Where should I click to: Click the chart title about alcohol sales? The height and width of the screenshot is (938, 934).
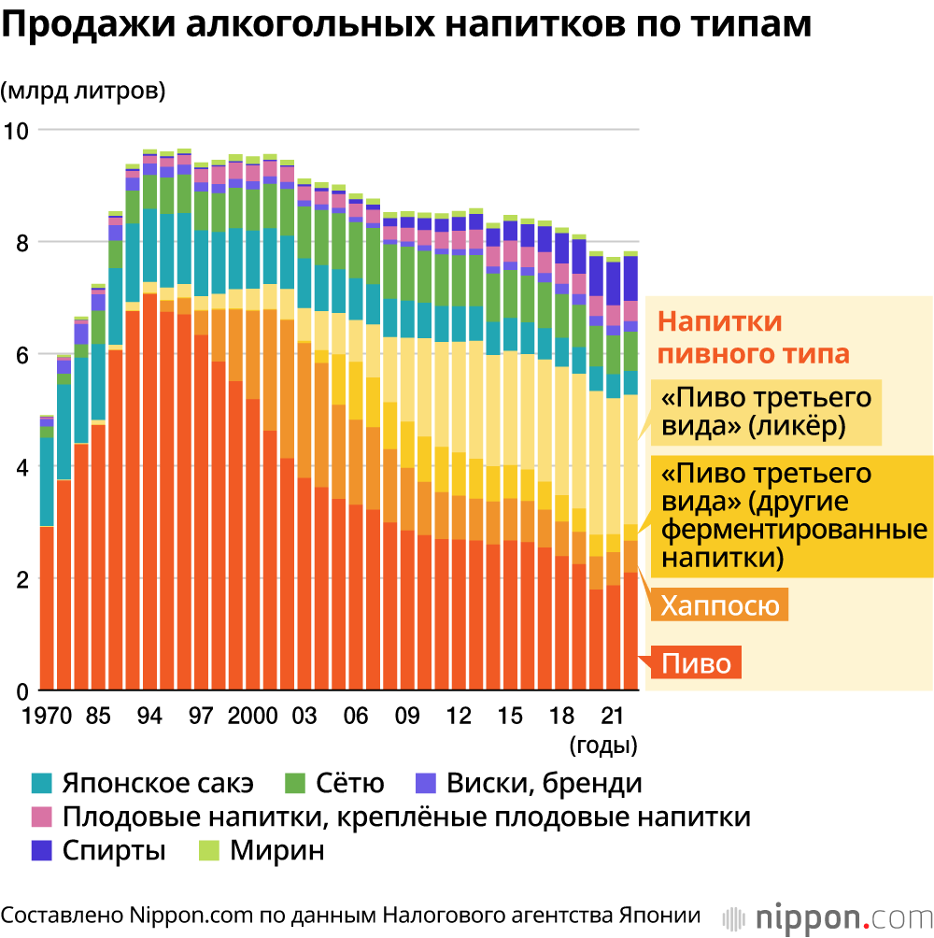click(406, 26)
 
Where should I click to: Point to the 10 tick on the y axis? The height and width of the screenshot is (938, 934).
click(18, 131)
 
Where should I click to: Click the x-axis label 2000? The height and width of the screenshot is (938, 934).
click(252, 718)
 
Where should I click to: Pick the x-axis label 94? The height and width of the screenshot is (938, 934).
click(149, 718)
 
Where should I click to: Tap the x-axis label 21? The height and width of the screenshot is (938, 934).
click(612, 718)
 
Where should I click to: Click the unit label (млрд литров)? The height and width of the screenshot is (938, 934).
click(83, 91)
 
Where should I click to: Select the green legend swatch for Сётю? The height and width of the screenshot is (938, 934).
click(296, 783)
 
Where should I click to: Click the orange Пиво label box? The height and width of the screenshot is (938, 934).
click(698, 663)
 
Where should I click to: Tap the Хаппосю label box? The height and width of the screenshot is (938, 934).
click(719, 605)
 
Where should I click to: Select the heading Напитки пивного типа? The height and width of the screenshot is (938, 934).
click(753, 338)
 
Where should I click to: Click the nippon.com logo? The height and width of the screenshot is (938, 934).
click(828, 916)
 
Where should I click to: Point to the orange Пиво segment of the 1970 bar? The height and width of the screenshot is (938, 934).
click(47, 607)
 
